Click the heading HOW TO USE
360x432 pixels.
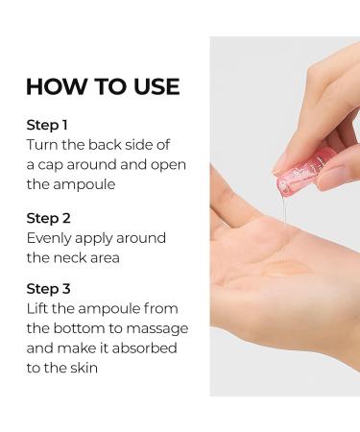click(x=103, y=86)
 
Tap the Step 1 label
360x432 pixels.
click(x=47, y=125)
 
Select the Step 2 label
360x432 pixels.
click(x=48, y=218)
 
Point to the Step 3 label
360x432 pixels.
click(x=48, y=289)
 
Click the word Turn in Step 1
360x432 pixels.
click(x=42, y=145)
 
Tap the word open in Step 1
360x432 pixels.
click(x=168, y=165)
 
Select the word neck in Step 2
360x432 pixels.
click(x=70, y=257)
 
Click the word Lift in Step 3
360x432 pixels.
click(x=37, y=309)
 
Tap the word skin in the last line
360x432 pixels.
click(x=84, y=368)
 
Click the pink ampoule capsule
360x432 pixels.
click(x=302, y=172)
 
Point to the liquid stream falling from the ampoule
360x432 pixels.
click(x=285, y=223)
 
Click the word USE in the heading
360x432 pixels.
click(x=156, y=86)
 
